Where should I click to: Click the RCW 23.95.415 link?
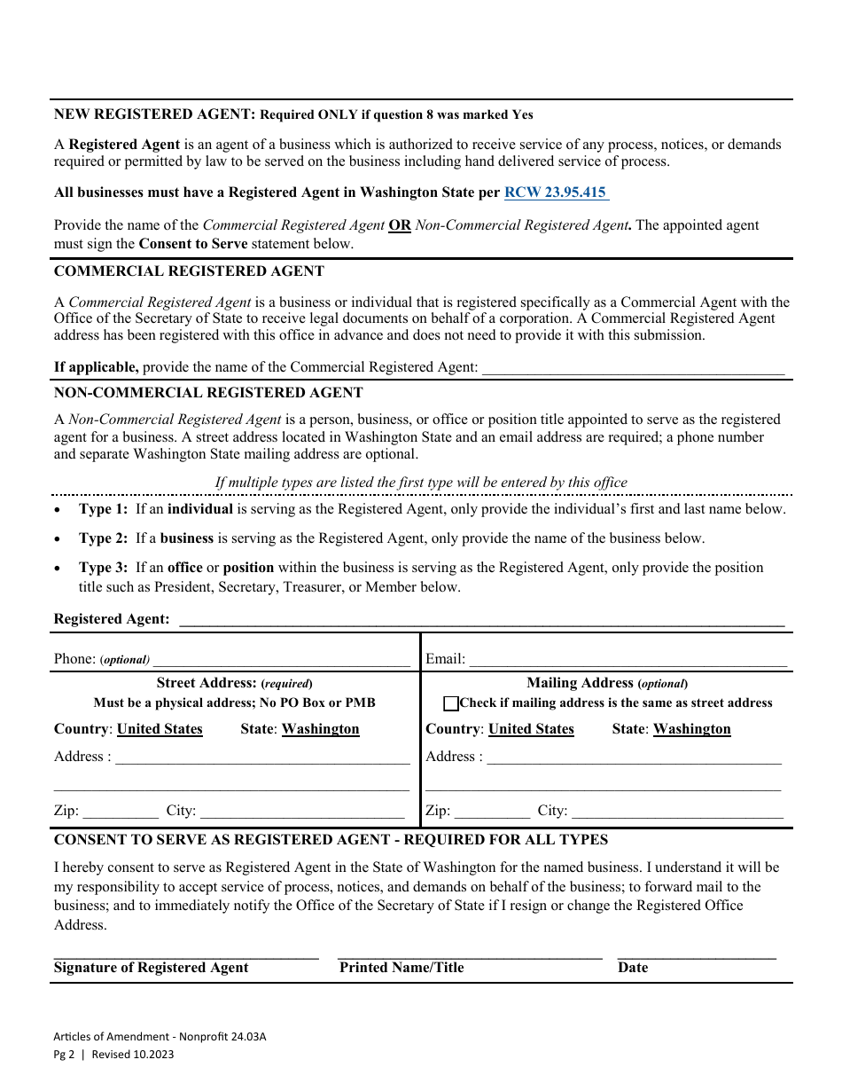tap(556, 192)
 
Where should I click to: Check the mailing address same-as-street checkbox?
tap(451, 703)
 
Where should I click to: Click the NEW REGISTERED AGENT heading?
tap(155, 114)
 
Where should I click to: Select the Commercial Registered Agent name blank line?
tap(633, 367)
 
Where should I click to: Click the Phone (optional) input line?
tap(282, 660)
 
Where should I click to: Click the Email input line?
tap(628, 660)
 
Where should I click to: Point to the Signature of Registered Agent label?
tap(152, 968)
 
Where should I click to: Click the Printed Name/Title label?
tap(402, 968)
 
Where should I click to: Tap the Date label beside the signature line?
tap(633, 968)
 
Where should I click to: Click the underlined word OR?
tap(400, 225)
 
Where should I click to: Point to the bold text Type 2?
tap(103, 538)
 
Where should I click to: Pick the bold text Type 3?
tap(103, 568)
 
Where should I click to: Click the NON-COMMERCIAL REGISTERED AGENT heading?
tap(208, 392)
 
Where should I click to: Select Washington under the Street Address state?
tap(320, 729)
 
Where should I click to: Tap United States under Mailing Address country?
tap(531, 729)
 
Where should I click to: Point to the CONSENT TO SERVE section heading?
tap(331, 839)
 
